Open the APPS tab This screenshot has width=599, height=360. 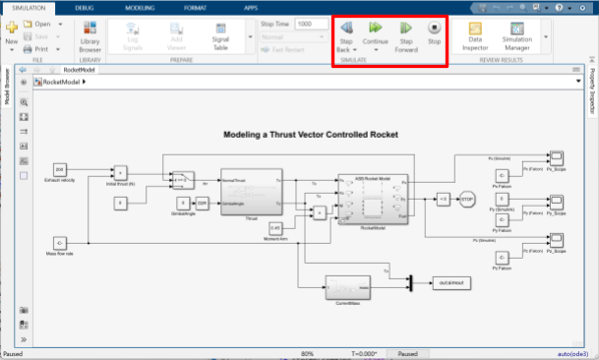point(250,7)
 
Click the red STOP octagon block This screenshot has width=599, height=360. point(467,199)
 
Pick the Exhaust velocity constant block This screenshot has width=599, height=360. point(60,169)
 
